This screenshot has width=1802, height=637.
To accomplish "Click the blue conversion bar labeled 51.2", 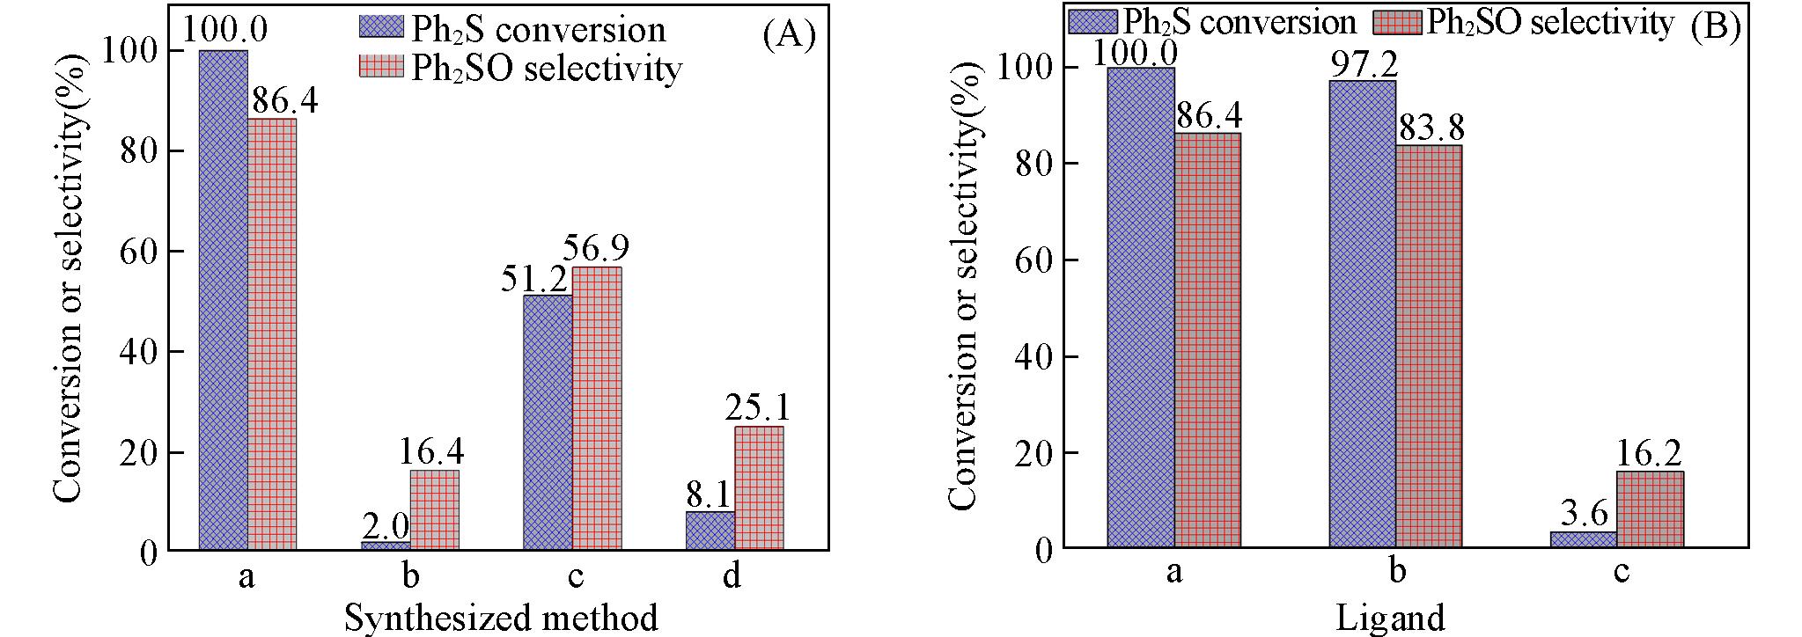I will (547, 422).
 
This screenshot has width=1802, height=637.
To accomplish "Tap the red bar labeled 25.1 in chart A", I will (759, 488).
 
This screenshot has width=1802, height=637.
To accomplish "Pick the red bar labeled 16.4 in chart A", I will (434, 510).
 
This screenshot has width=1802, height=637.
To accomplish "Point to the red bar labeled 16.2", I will (1650, 509).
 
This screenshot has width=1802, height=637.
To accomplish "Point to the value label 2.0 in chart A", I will (386, 527).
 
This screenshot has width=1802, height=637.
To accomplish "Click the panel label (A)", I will (789, 35).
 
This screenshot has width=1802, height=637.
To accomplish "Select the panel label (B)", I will (1715, 26).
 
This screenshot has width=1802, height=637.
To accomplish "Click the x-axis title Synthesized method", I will (500, 618).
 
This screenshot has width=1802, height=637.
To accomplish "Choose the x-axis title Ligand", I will (1390, 618).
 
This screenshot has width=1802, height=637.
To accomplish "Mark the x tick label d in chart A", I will (732, 575).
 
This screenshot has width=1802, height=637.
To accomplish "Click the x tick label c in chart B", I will (1621, 572).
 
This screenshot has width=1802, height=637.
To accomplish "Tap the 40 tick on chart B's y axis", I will (1034, 356).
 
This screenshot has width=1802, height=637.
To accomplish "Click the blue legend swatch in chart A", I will (381, 27).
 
